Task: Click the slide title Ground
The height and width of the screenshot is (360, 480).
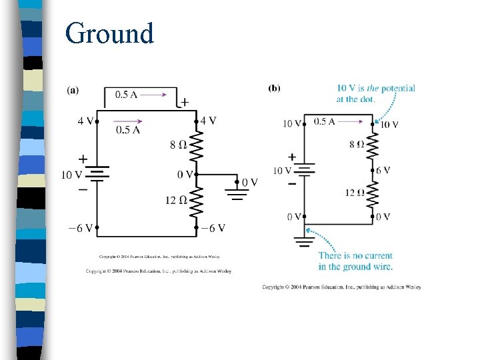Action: click(x=109, y=33)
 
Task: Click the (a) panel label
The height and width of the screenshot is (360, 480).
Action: click(x=74, y=89)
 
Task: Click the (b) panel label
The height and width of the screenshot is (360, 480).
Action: click(x=274, y=88)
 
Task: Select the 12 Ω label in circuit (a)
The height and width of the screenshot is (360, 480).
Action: click(x=176, y=199)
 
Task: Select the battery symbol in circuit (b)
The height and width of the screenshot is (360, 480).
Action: click(x=304, y=169)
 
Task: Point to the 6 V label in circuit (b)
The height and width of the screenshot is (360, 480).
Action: click(x=383, y=171)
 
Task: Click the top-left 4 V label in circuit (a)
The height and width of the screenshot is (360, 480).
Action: click(x=85, y=121)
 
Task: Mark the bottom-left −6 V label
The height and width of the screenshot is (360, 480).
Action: click(x=80, y=228)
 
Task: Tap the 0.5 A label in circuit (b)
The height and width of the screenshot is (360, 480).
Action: click(x=324, y=121)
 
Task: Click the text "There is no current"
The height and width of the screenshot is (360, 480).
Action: click(x=355, y=256)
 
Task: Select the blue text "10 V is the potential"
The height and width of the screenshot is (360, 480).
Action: click(x=375, y=88)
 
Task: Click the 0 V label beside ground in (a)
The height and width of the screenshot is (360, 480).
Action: click(x=249, y=181)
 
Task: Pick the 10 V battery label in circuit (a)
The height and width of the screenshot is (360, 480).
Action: click(x=72, y=175)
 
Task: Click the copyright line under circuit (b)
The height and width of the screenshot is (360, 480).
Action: click(x=341, y=287)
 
